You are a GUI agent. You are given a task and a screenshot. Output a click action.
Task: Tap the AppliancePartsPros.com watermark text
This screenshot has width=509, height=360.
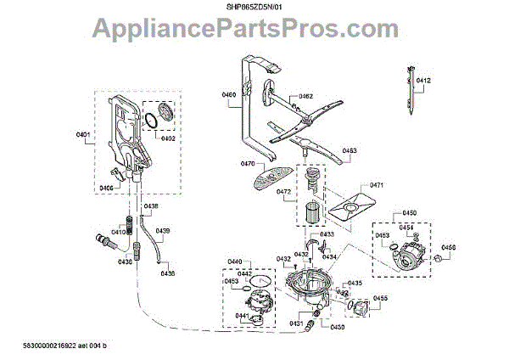point(255,32)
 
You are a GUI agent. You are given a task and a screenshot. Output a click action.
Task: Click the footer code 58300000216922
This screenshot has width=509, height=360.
point(55,348)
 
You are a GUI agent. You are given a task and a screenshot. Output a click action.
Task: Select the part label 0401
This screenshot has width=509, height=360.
point(82,135)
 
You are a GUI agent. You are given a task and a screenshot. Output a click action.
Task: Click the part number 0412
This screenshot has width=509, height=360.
point(423,81)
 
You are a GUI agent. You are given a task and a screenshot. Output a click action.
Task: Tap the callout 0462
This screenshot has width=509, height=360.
point(305,97)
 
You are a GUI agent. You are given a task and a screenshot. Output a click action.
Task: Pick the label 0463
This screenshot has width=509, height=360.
point(350,151)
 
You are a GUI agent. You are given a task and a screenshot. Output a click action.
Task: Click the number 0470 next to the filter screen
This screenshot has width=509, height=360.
point(249,163)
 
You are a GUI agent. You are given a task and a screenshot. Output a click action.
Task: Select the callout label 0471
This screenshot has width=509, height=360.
point(378,184)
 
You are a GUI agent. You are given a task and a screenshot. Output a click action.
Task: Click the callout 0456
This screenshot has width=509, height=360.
point(449,247)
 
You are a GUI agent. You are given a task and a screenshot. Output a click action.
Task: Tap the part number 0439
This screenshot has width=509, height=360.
point(162,231)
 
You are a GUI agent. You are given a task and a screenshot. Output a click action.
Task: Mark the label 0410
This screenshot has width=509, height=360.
point(118,231)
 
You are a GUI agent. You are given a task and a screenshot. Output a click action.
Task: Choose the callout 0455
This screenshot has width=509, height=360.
point(380,298)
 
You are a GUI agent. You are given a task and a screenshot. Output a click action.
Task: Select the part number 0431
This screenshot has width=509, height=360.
point(296,323)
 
